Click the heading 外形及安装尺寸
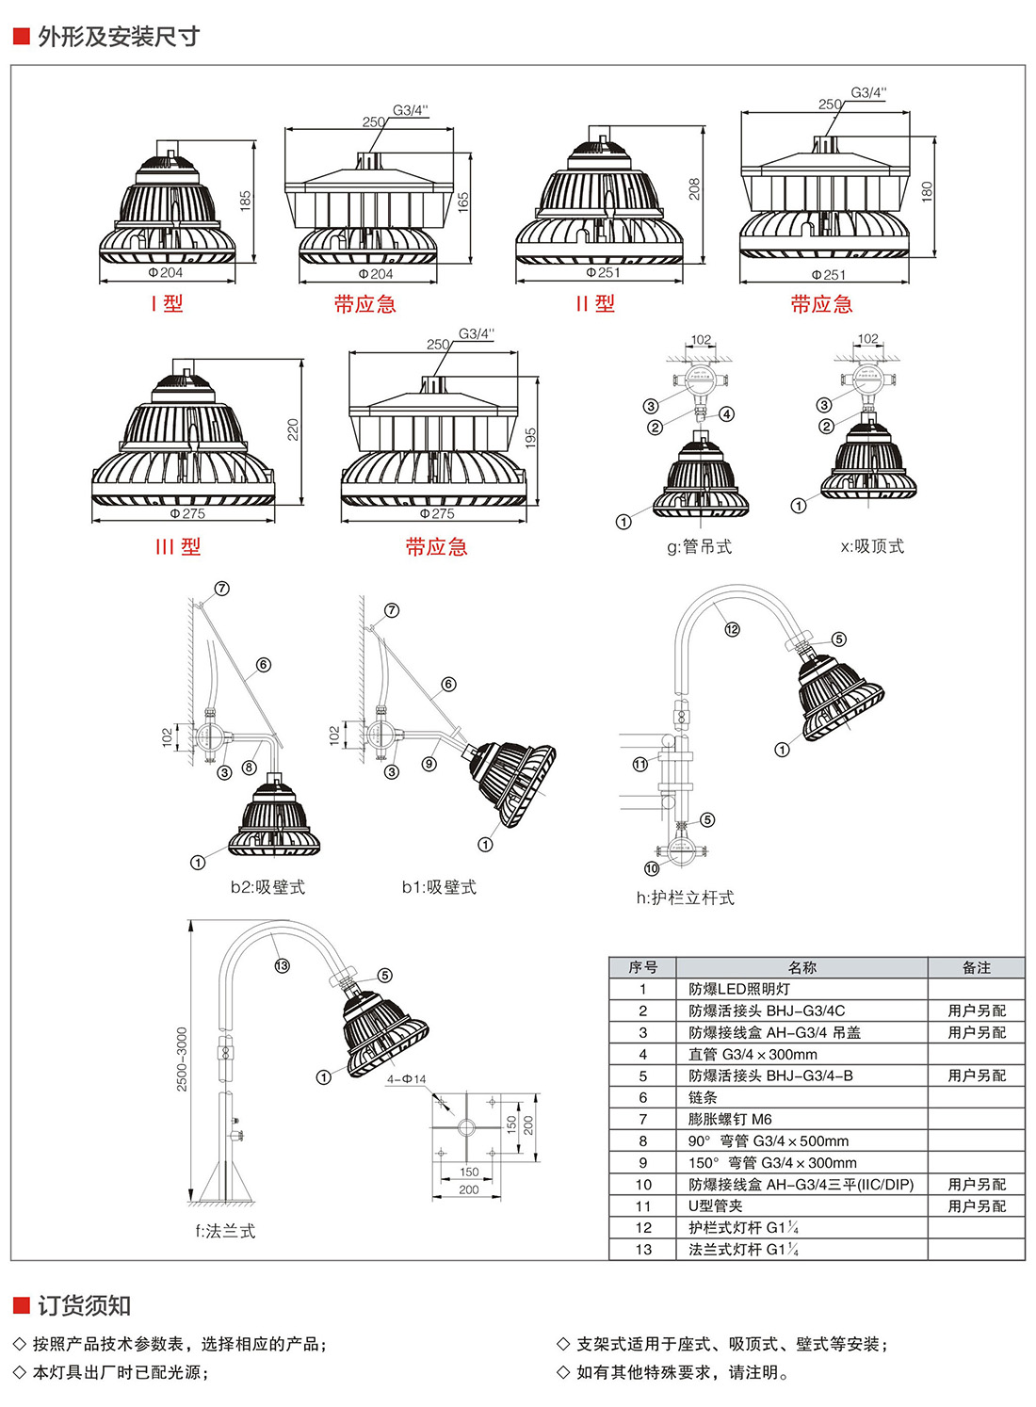118,37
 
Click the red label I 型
167,303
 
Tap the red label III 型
178,546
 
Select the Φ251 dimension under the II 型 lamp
603,272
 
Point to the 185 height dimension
246,201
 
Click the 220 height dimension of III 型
293,429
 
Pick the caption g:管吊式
699,546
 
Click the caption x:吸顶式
872,546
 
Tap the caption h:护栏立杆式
685,898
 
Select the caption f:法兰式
225,1231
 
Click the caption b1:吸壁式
439,887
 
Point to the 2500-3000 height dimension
183,1059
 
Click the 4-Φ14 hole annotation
406,1079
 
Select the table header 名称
801,967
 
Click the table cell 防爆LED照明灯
739,989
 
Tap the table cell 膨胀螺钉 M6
730,1119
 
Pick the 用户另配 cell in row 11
977,1205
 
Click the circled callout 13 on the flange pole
282,965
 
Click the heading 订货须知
84,1305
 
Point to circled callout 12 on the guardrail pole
732,629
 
